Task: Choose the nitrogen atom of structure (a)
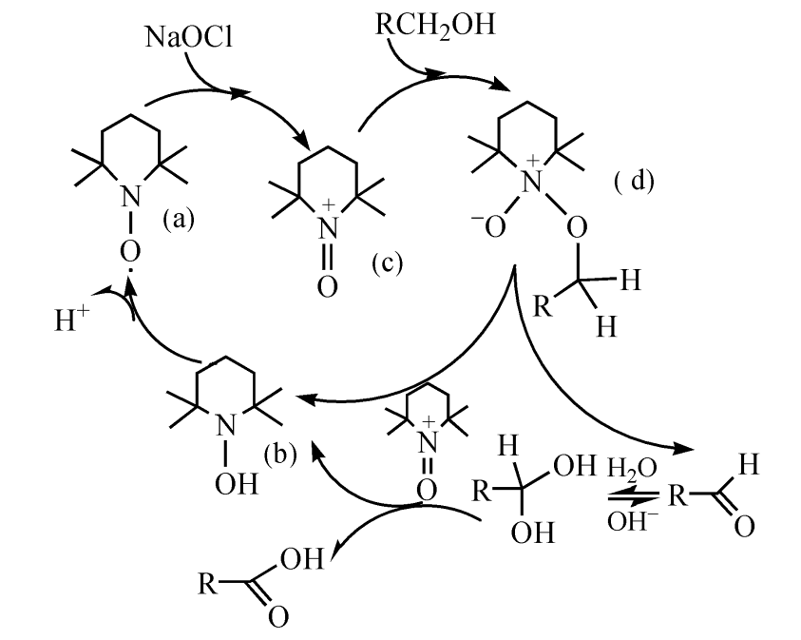coord(133,196)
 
